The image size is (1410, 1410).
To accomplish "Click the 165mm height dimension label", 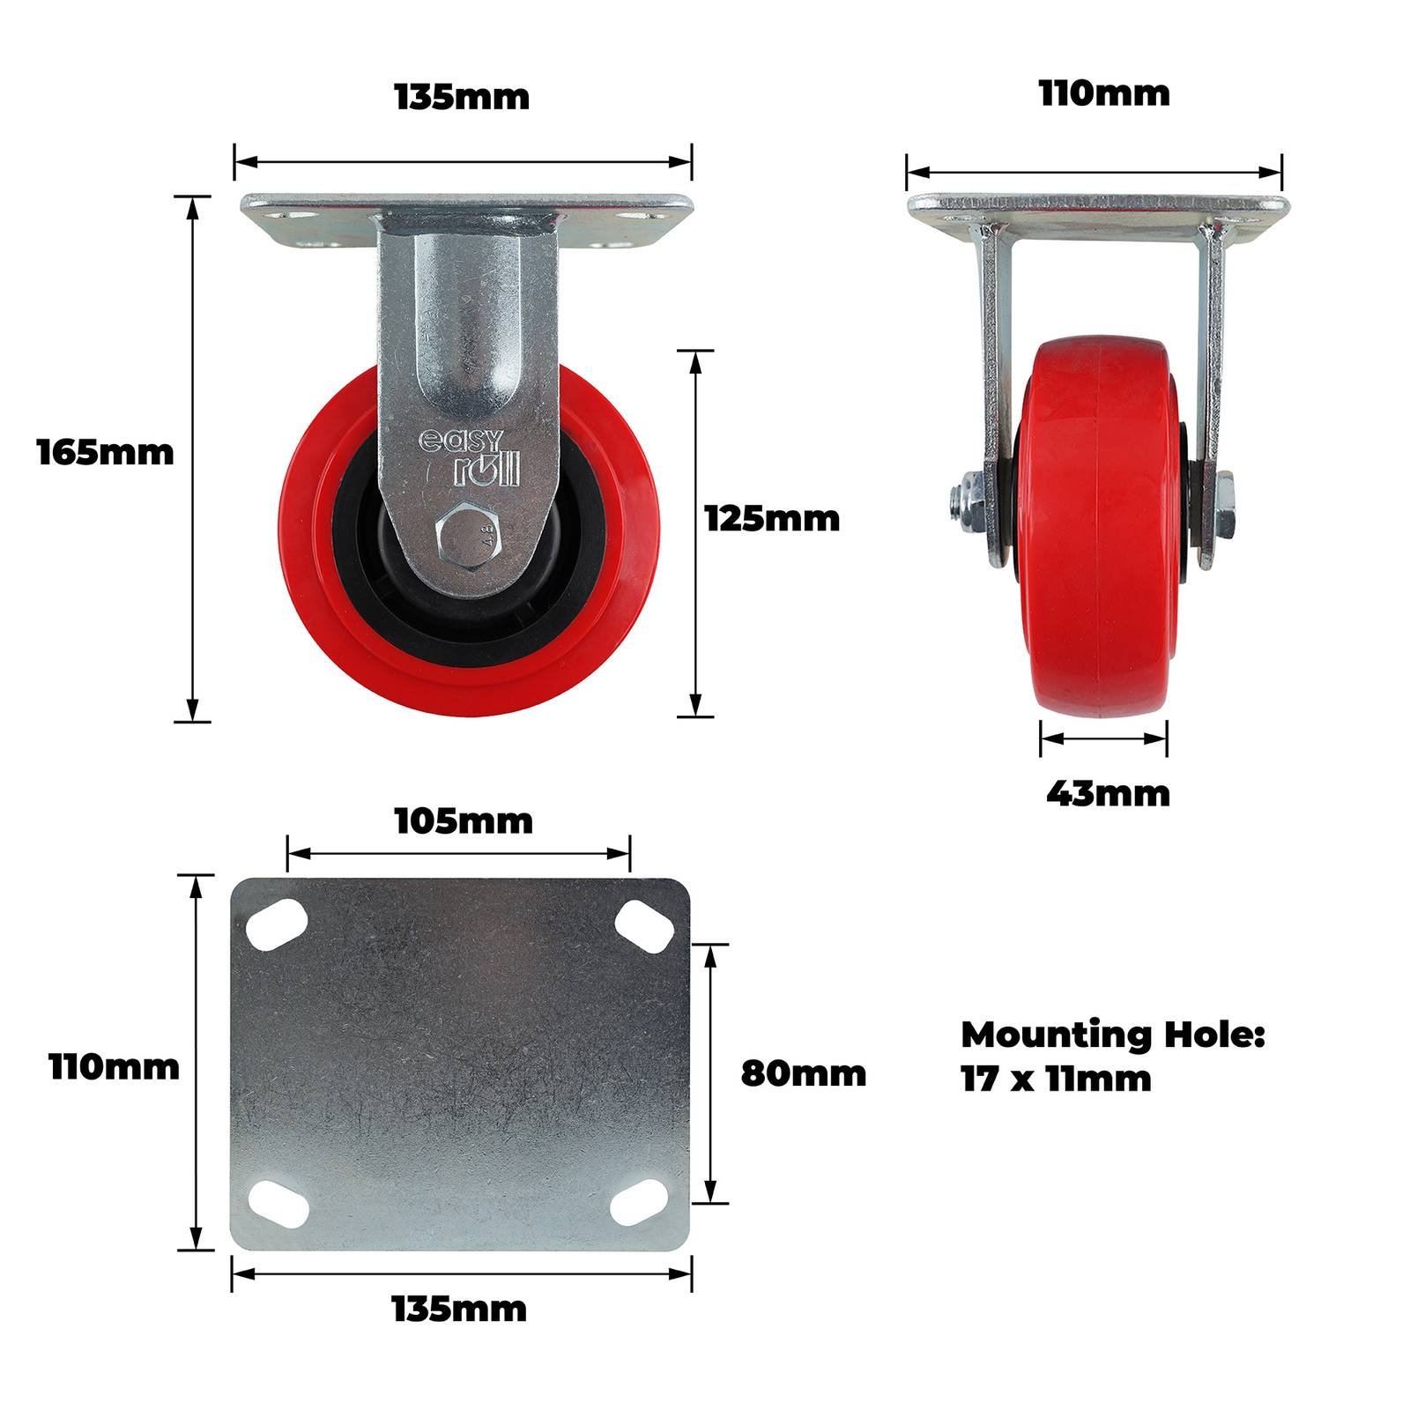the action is tap(106, 453).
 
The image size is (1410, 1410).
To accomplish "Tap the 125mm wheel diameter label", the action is tap(773, 519).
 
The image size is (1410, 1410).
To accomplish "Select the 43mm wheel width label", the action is tap(1108, 794).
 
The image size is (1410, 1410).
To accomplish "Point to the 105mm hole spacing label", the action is tap(464, 821).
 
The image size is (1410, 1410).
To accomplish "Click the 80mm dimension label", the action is tap(804, 1073).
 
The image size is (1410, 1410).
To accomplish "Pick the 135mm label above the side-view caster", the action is tap(463, 97).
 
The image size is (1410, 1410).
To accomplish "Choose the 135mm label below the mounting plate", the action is tap(459, 1310).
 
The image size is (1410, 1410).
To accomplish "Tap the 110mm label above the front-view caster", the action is tap(1104, 93).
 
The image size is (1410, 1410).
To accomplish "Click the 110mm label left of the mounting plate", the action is tap(115, 1067).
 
